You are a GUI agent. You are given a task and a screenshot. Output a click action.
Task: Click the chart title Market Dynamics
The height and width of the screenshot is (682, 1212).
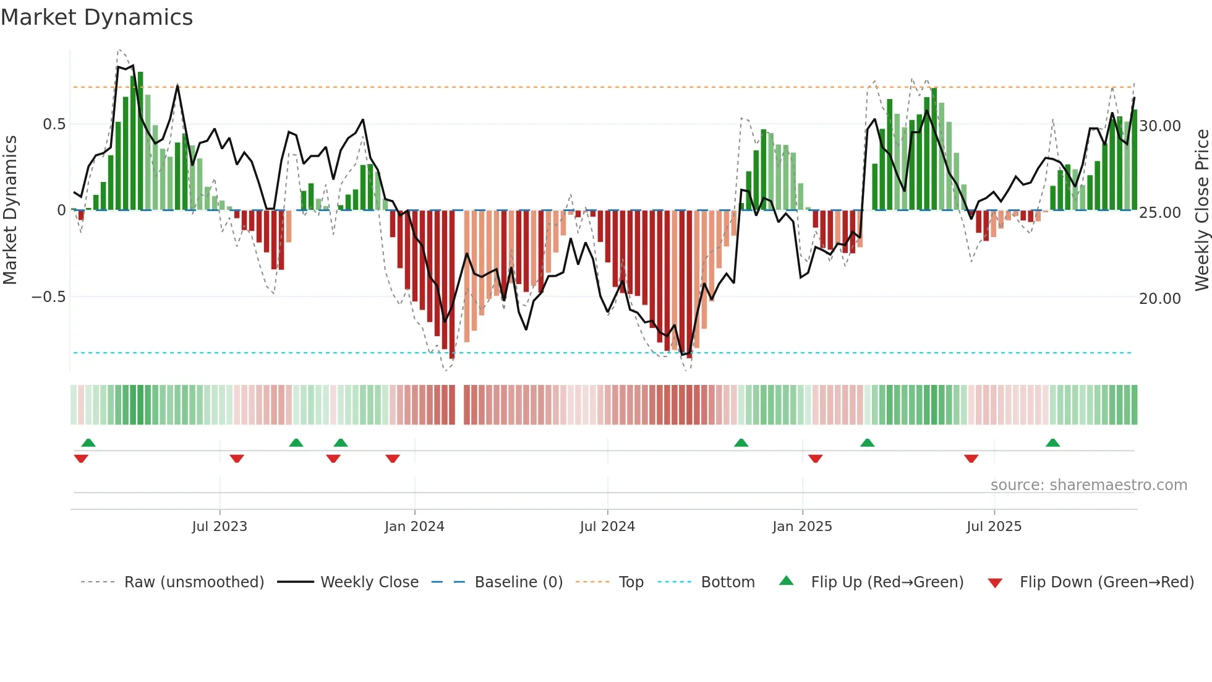(96, 17)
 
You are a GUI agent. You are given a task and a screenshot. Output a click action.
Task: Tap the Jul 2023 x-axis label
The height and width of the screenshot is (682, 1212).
(219, 527)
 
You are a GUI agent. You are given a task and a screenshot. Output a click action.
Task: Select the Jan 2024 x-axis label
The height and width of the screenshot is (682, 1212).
(414, 527)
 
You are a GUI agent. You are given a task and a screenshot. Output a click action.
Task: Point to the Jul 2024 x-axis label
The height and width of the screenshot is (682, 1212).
(607, 527)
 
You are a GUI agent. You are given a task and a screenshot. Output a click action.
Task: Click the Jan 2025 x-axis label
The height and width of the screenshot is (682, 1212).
(802, 527)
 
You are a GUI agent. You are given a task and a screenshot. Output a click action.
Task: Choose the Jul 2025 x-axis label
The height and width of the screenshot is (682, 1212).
(994, 527)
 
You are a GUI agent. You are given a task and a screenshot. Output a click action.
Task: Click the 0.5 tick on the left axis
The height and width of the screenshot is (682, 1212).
(54, 124)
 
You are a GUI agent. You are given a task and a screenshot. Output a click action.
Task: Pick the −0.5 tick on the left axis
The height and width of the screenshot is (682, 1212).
(48, 297)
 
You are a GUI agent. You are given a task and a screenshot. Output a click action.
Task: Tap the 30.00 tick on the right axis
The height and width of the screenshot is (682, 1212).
(1160, 126)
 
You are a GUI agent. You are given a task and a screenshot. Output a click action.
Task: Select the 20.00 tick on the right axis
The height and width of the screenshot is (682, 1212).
(1160, 299)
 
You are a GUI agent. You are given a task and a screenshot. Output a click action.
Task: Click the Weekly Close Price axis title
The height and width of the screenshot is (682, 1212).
(1201, 210)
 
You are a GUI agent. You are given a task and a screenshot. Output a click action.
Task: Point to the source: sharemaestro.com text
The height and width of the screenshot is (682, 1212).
(1088, 485)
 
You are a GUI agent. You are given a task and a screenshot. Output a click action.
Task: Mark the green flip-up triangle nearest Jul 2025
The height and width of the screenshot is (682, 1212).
(1052, 442)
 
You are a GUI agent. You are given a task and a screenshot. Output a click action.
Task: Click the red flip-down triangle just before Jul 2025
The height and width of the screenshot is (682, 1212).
(971, 459)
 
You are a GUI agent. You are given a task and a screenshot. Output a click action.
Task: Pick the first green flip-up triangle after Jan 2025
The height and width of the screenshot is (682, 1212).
(867, 442)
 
